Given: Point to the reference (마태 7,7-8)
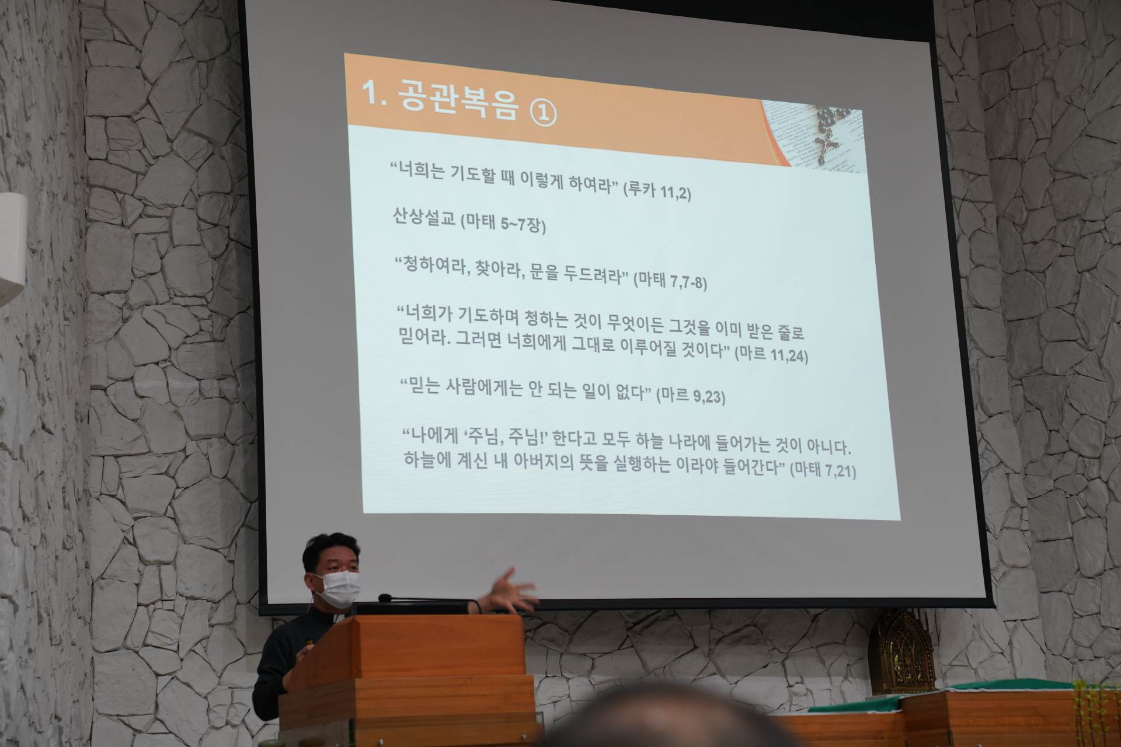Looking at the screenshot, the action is point(671,282).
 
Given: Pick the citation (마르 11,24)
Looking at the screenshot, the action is point(771,355).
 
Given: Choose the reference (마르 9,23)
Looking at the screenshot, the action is point(691,396).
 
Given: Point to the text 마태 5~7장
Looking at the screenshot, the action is point(503,224).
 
